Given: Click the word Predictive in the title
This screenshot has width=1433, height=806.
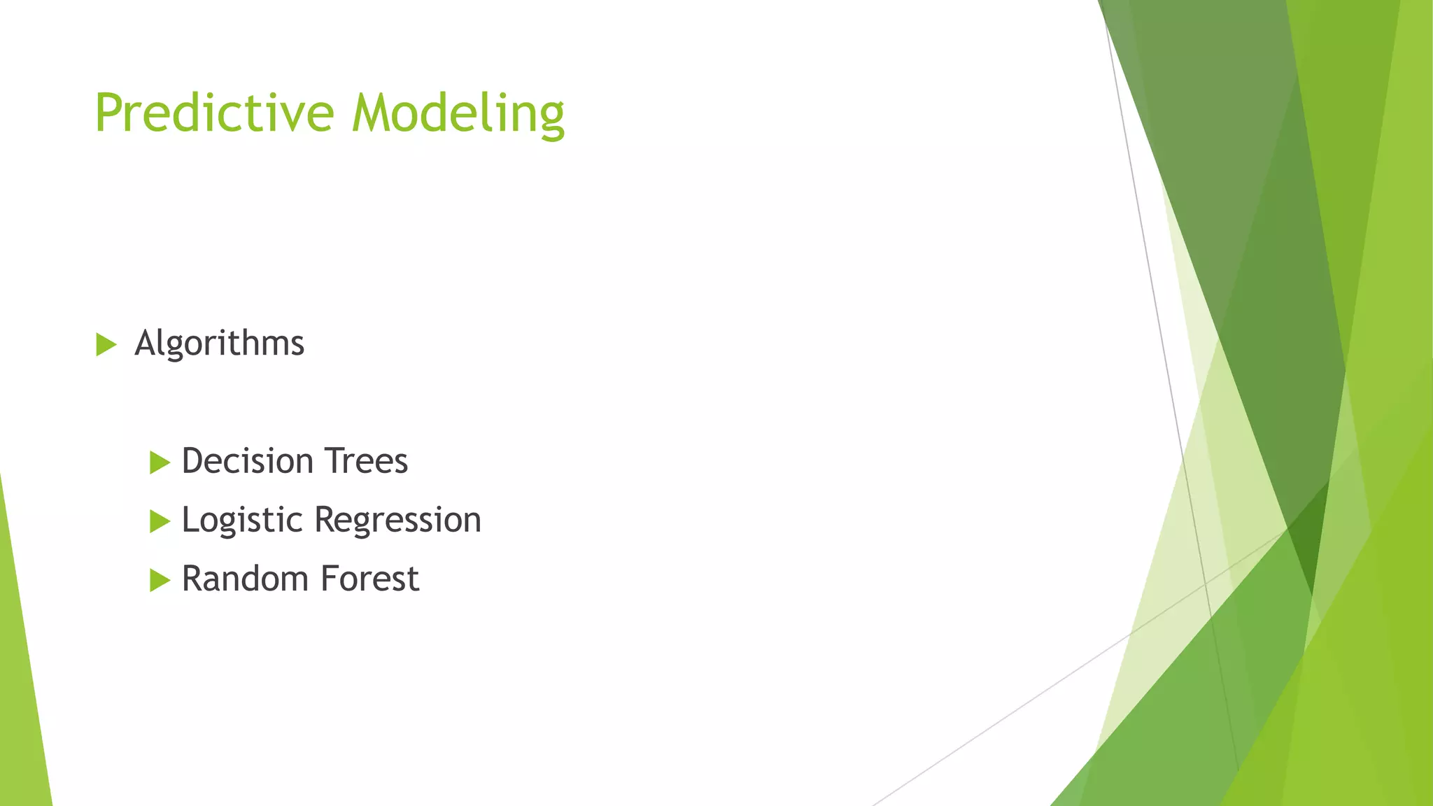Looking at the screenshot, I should coord(214,113).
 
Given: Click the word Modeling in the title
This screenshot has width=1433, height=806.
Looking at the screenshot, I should coord(458,113).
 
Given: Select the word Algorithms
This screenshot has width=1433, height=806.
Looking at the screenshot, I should coord(219,344).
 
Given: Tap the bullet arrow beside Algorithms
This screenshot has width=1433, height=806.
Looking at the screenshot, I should coord(106,344).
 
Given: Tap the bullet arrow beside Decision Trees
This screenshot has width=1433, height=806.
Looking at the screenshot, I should coord(160,462).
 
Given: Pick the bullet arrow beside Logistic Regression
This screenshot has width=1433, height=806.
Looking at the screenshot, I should coord(160,521).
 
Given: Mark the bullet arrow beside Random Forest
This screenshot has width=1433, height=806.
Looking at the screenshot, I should coord(160,580).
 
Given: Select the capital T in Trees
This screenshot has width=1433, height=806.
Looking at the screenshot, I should coord(332,461).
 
